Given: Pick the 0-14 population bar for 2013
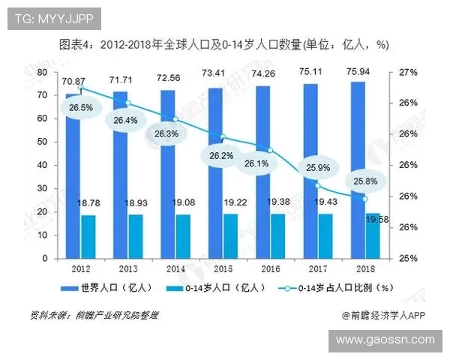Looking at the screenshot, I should [x=135, y=236].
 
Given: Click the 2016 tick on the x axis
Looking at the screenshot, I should [x=270, y=268].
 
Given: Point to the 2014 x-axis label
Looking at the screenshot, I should [x=175, y=268].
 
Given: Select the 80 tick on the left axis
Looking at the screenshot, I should [x=41, y=72].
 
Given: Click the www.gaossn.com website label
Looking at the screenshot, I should [x=385, y=339].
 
